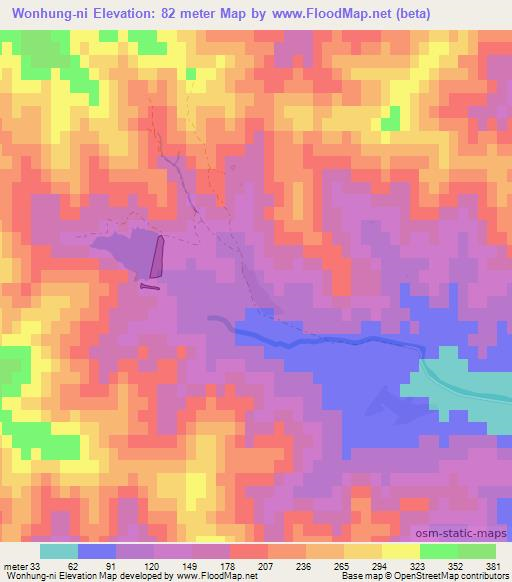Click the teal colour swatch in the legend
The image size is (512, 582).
pyautogui.click(x=58, y=551)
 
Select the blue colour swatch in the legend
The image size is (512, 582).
pyautogui.click(x=96, y=551)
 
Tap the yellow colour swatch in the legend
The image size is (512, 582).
pyautogui.click(x=401, y=551)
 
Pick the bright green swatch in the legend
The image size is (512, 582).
pyautogui.click(x=439, y=551)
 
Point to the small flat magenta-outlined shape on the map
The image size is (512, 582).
pyautogui.click(x=148, y=287)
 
